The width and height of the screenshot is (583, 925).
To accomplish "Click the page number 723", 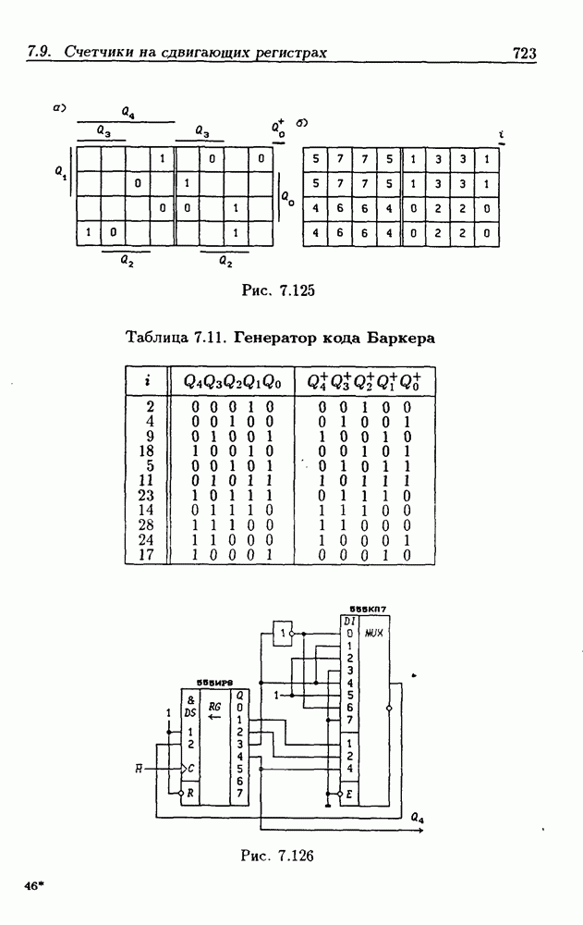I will (x=524, y=54).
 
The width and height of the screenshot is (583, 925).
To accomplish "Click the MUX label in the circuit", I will (x=374, y=634).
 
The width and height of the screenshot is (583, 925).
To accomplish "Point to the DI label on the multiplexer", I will (x=348, y=621).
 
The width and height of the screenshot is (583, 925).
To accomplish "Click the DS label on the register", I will (x=190, y=713).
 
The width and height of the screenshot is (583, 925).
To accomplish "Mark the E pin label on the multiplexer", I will (x=349, y=794).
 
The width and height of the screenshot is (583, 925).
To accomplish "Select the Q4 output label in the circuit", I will (x=417, y=819).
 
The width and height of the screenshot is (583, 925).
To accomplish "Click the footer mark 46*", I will (x=35, y=885).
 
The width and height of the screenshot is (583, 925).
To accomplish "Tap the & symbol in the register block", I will (x=189, y=700).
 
